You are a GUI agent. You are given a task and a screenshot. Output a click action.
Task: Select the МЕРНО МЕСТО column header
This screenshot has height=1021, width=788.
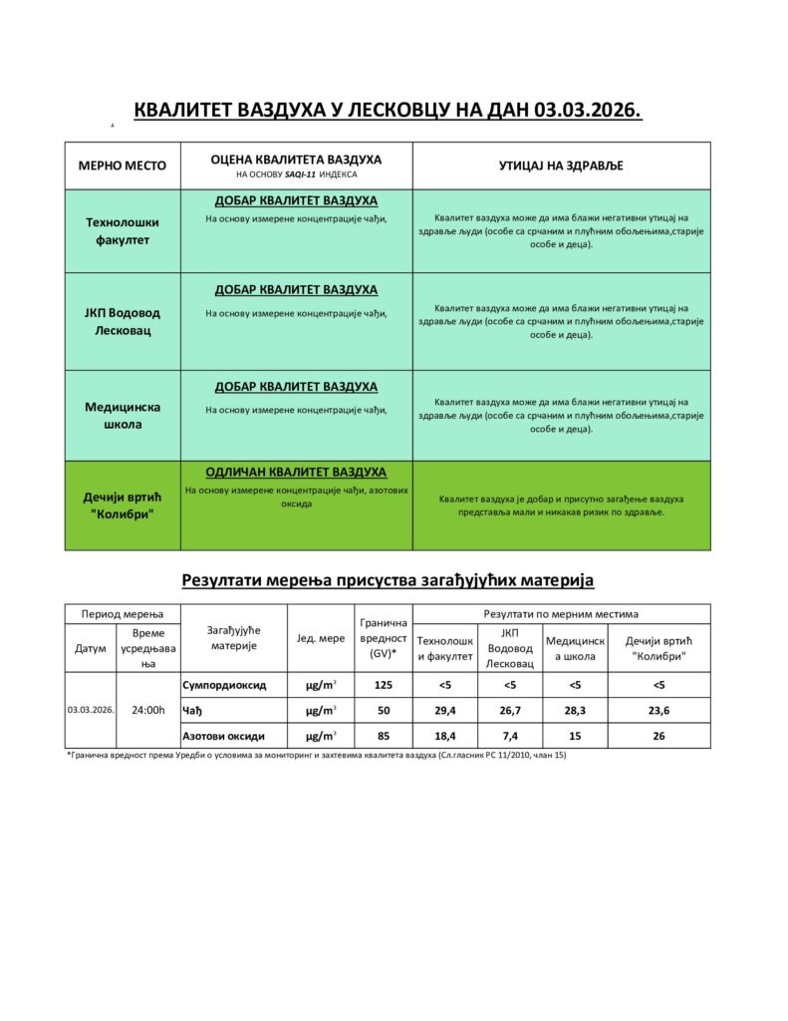pyautogui.click(x=123, y=166)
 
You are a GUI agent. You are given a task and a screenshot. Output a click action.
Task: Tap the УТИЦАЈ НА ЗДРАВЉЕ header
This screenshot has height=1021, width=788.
pyautogui.click(x=561, y=166)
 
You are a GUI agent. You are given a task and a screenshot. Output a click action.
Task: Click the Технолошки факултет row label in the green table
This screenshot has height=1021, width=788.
pyautogui.click(x=123, y=231)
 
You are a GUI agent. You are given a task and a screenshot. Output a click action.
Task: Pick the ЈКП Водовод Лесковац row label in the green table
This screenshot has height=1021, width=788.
pyautogui.click(x=123, y=321)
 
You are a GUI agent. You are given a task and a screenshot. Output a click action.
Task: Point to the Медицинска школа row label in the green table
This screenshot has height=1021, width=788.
pyautogui.click(x=123, y=415)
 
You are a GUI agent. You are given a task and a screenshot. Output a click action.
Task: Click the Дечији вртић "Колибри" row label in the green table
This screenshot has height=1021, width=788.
pyautogui.click(x=123, y=505)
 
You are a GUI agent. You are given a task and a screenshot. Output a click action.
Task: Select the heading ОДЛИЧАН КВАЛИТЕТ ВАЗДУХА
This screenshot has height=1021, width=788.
pyautogui.click(x=296, y=473)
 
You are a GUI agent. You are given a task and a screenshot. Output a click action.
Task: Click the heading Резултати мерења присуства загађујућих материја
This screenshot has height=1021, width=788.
pyautogui.click(x=388, y=579)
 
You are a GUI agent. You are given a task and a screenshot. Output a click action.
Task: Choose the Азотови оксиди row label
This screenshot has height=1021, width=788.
pyautogui.click(x=224, y=736)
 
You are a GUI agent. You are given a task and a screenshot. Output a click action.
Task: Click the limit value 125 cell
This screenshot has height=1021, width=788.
pyautogui.click(x=383, y=685)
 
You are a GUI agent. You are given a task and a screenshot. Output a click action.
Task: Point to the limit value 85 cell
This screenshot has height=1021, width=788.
pyautogui.click(x=383, y=736)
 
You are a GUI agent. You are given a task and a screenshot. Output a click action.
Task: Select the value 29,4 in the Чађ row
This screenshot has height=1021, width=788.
pyautogui.click(x=444, y=710)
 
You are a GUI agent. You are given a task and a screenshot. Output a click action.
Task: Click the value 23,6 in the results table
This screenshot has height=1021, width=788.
pyautogui.click(x=658, y=710)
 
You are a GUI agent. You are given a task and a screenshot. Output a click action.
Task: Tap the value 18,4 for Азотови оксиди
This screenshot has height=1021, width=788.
pyautogui.click(x=444, y=736)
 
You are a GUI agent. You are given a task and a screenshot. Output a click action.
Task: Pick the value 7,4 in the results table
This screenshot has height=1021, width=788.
pyautogui.click(x=509, y=736)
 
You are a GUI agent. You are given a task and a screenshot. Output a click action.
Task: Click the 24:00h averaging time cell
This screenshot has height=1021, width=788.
pyautogui.click(x=148, y=710)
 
